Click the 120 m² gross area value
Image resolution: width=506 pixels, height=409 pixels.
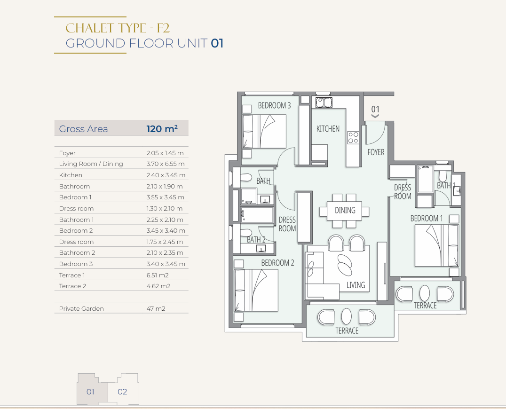162,129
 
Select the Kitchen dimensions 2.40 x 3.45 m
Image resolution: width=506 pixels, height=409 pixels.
166,175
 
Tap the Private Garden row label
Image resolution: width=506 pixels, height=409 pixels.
81,309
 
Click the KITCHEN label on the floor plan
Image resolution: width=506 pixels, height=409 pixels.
328,129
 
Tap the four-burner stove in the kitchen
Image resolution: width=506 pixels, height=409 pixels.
353,137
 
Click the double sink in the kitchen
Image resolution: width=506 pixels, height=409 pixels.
324,102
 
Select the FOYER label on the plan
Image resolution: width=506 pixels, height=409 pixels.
376,152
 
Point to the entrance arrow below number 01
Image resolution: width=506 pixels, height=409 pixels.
375,116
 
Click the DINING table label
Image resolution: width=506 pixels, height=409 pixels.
345,210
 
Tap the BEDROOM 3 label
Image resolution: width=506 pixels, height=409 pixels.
274,105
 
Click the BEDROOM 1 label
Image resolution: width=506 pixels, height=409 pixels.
427,219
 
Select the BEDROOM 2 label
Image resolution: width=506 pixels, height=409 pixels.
278,263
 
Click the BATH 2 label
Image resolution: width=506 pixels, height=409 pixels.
256,240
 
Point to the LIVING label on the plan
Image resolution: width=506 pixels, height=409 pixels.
356,285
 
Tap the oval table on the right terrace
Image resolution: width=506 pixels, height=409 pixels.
425,293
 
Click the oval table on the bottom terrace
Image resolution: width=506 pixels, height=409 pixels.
346,316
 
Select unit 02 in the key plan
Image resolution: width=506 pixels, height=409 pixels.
122,392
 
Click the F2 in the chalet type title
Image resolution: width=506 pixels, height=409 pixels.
163,28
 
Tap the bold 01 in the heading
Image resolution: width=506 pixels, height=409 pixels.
217,43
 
